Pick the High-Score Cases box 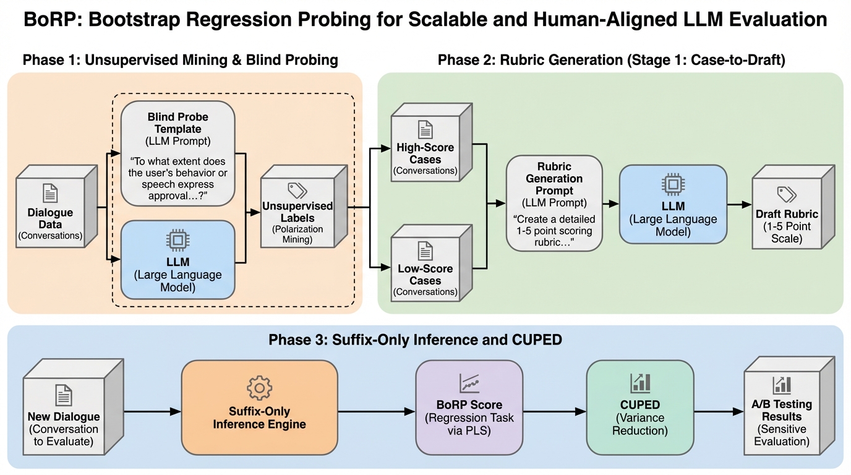click(426, 149)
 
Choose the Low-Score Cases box click(426, 270)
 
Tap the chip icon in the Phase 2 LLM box click(673, 184)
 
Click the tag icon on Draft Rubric click(786, 194)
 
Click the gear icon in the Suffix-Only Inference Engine click(259, 388)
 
